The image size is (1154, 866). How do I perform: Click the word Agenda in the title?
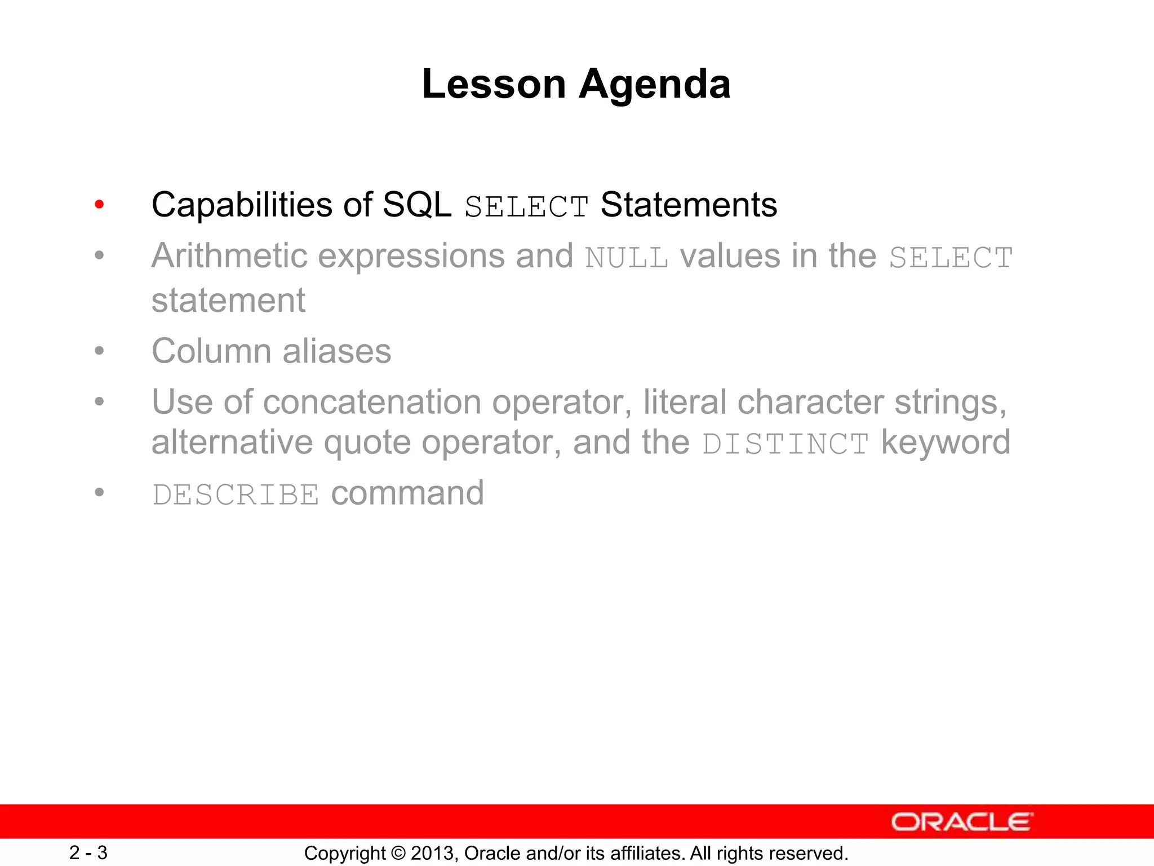point(655,85)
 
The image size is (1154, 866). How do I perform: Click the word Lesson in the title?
point(494,85)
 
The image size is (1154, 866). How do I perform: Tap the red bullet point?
point(99,205)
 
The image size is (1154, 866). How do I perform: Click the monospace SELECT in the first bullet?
point(526,206)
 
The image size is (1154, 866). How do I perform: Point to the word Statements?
point(689,205)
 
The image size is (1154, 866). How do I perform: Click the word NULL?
point(627,258)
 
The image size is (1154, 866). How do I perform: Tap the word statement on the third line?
point(228,300)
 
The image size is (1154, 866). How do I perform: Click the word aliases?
point(336,351)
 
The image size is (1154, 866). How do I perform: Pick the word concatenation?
point(372,403)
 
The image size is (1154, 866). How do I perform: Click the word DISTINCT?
point(785,444)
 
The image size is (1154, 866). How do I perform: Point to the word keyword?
point(946,442)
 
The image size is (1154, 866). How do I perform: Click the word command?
point(407,493)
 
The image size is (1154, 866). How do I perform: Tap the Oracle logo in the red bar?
point(961,822)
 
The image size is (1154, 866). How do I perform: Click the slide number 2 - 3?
point(88,852)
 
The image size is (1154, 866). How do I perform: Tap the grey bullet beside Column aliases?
point(99,351)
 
